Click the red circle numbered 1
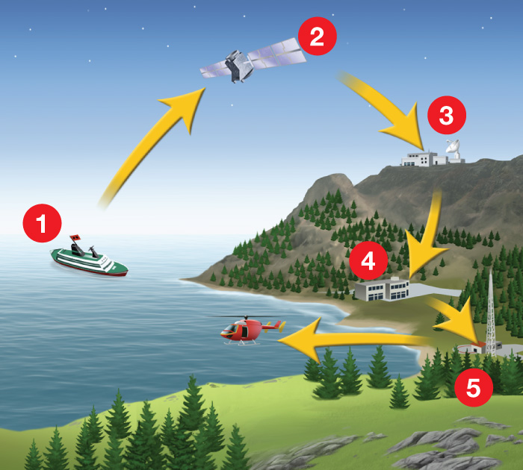coord(42,223)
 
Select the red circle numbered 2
coord(318,36)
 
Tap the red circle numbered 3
coord(447,115)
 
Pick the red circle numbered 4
coord(368,260)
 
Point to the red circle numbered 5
coord(473,387)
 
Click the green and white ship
coord(89,260)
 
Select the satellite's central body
coord(238,66)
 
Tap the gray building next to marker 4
coord(383,289)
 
